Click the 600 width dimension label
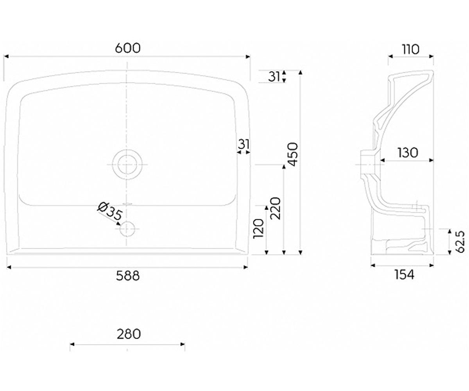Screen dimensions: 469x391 coord(127,48)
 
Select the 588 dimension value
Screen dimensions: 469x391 coord(127,276)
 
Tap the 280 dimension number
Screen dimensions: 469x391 coord(129,334)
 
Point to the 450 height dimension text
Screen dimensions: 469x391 coord(294,154)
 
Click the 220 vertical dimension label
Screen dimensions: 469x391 coord(276,208)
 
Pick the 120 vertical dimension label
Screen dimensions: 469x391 coord(258,229)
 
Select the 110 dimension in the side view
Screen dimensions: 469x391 coord(411,49)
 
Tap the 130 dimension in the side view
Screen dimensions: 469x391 coord(408,152)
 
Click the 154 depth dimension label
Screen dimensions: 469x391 coord(404,274)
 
